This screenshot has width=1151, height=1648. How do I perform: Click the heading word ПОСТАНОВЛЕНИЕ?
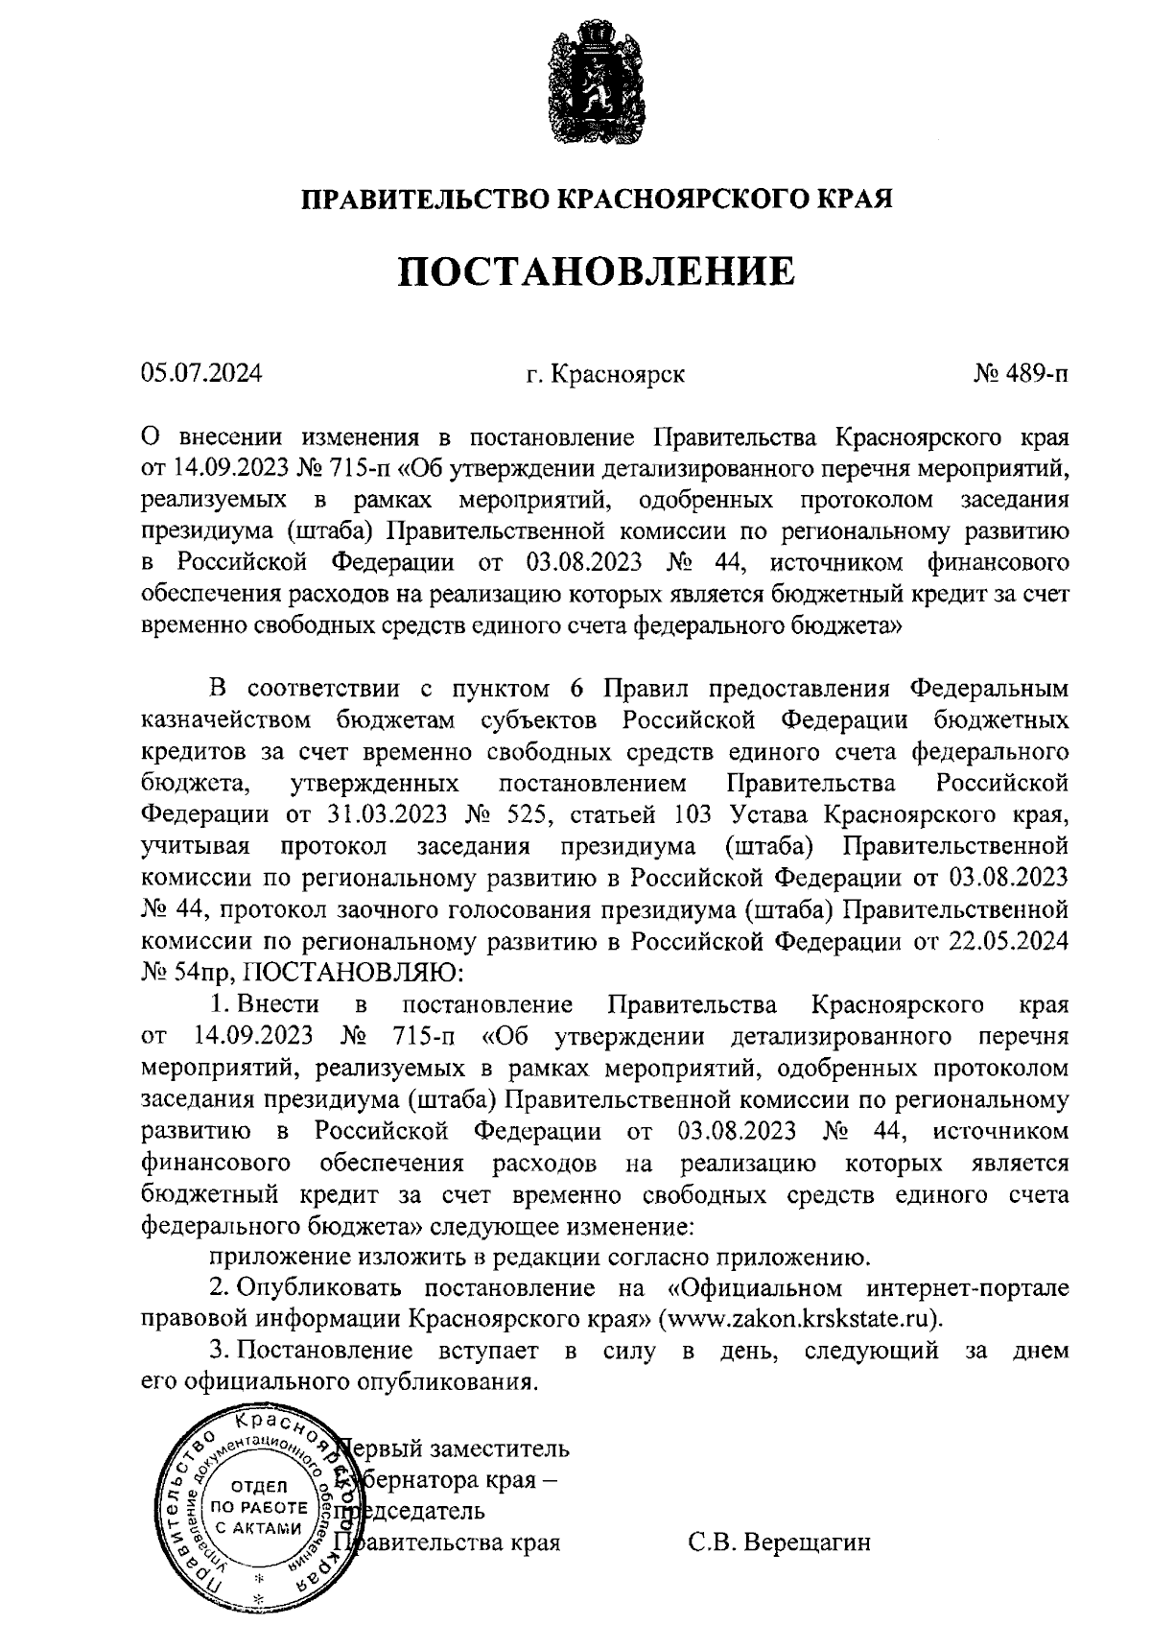[x=597, y=271]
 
